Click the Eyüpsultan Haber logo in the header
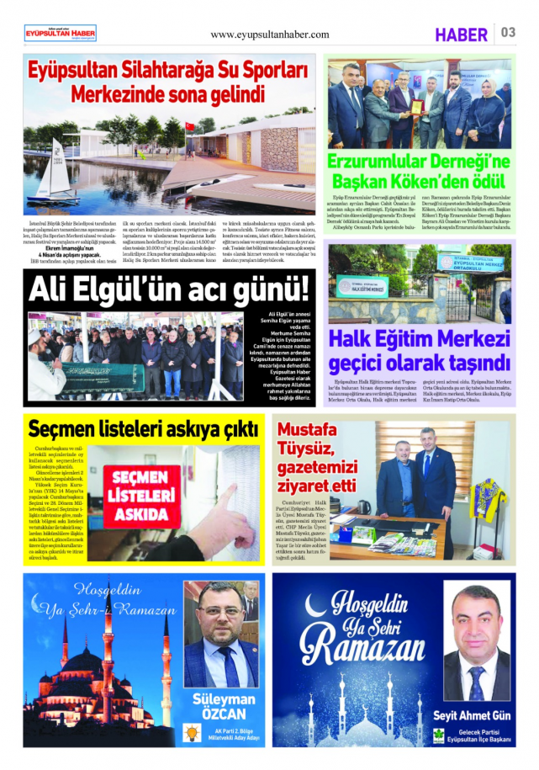[x=60, y=33]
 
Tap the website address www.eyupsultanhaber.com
[x=269, y=35]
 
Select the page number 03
[x=508, y=33]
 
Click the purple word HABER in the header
[x=462, y=35]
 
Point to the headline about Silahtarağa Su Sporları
[x=168, y=82]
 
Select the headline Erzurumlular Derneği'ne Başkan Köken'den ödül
[x=419, y=172]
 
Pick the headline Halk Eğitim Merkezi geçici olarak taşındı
[x=419, y=352]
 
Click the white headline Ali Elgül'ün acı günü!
[x=169, y=290]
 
